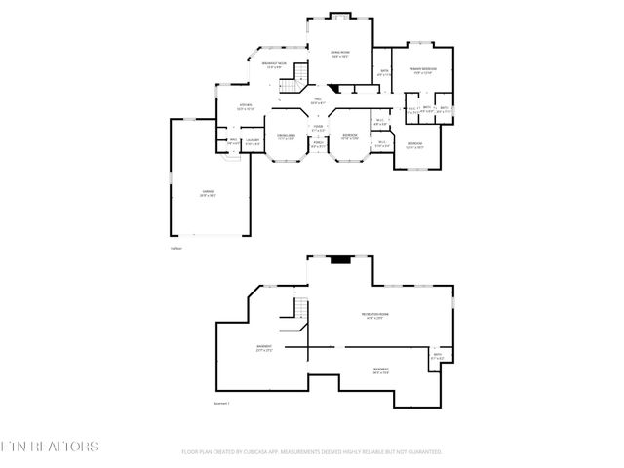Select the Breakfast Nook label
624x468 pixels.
click(x=274, y=65)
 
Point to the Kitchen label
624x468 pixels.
click(x=247, y=106)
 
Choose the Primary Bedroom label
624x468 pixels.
click(x=422, y=71)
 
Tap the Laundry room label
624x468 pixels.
click(x=252, y=143)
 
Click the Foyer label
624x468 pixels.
click(x=318, y=128)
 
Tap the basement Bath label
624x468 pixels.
click(x=438, y=356)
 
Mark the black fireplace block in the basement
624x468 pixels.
click(x=341, y=259)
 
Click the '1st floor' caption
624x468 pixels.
click(x=176, y=250)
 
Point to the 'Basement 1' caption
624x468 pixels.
click(x=221, y=402)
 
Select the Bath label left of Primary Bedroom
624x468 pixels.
click(x=384, y=72)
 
